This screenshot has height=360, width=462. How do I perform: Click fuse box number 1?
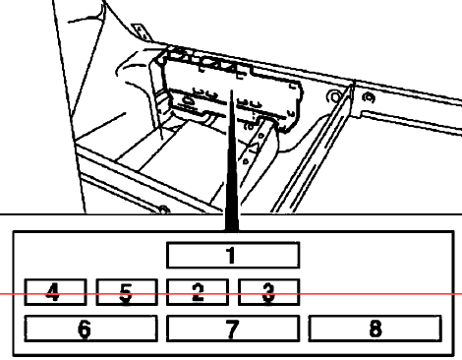(x=233, y=256)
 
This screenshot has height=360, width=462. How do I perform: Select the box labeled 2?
(x=198, y=292)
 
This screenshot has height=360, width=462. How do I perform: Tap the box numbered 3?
(x=268, y=292)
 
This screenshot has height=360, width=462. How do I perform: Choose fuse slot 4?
(x=55, y=292)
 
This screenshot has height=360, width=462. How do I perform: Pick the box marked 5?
(x=127, y=292)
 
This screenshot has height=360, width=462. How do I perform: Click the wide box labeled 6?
(x=91, y=329)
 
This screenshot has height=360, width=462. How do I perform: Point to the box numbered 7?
(x=233, y=329)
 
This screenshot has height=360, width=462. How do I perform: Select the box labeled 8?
(x=375, y=329)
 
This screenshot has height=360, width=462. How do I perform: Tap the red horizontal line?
(x=231, y=294)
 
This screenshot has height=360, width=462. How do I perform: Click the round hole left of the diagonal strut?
(x=334, y=97)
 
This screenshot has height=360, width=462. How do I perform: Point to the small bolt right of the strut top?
(x=370, y=97)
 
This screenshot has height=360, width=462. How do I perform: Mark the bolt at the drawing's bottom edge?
(x=163, y=210)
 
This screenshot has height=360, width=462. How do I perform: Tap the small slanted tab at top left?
(x=141, y=31)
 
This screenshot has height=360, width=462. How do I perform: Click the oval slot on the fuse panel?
(x=188, y=100)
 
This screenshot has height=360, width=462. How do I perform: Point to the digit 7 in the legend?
(x=232, y=329)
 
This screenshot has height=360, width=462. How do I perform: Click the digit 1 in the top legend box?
(x=231, y=256)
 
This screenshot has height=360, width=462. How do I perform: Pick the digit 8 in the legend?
(x=375, y=329)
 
